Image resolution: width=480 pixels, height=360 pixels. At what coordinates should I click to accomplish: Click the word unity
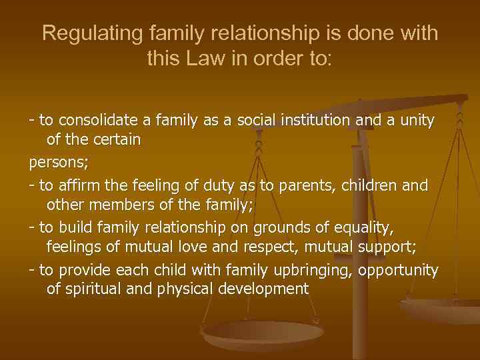(x=417, y=121)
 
